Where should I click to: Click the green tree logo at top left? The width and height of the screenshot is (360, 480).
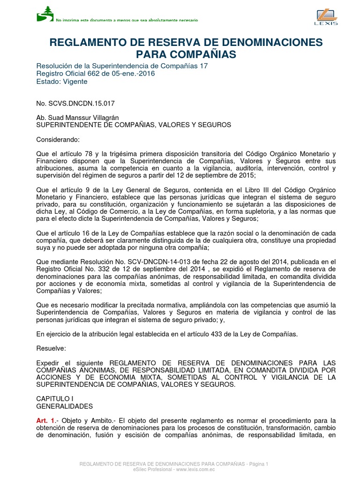click(x=45, y=14)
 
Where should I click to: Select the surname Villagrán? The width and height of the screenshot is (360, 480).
click(x=105, y=118)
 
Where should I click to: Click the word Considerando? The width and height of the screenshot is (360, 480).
click(x=59, y=140)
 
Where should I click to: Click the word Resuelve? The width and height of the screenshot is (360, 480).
click(x=52, y=348)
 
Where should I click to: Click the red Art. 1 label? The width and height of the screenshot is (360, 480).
click(x=46, y=421)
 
